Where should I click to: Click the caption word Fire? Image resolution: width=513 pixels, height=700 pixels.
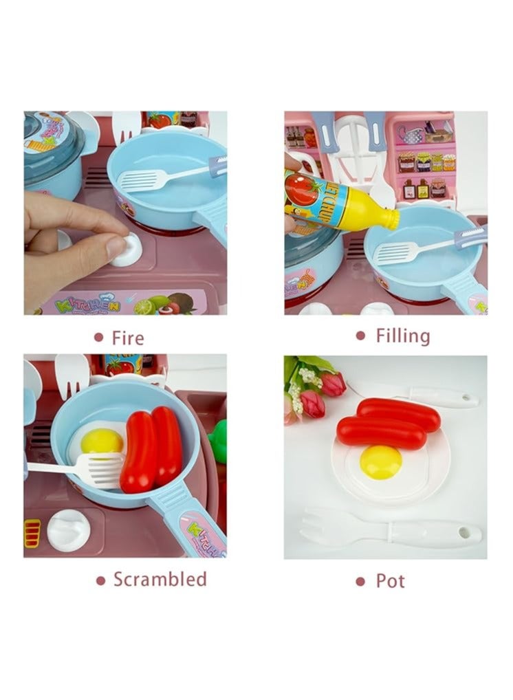click(x=128, y=338)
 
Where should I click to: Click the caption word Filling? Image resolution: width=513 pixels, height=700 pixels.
click(x=402, y=336)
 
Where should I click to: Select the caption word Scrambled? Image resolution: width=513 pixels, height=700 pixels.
click(x=160, y=579)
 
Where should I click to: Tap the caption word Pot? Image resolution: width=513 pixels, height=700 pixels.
click(x=390, y=581)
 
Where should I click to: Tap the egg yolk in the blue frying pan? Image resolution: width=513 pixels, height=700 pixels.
click(x=102, y=441)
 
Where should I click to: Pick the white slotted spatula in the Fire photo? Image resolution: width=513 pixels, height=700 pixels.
click(x=141, y=181)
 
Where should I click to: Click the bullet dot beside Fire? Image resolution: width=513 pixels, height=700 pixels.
click(x=98, y=338)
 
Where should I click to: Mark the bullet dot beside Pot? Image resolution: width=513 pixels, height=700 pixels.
click(x=360, y=582)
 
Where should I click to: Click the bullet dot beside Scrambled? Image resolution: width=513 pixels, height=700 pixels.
click(x=100, y=580)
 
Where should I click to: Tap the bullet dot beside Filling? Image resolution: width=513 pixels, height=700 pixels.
click(x=360, y=336)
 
